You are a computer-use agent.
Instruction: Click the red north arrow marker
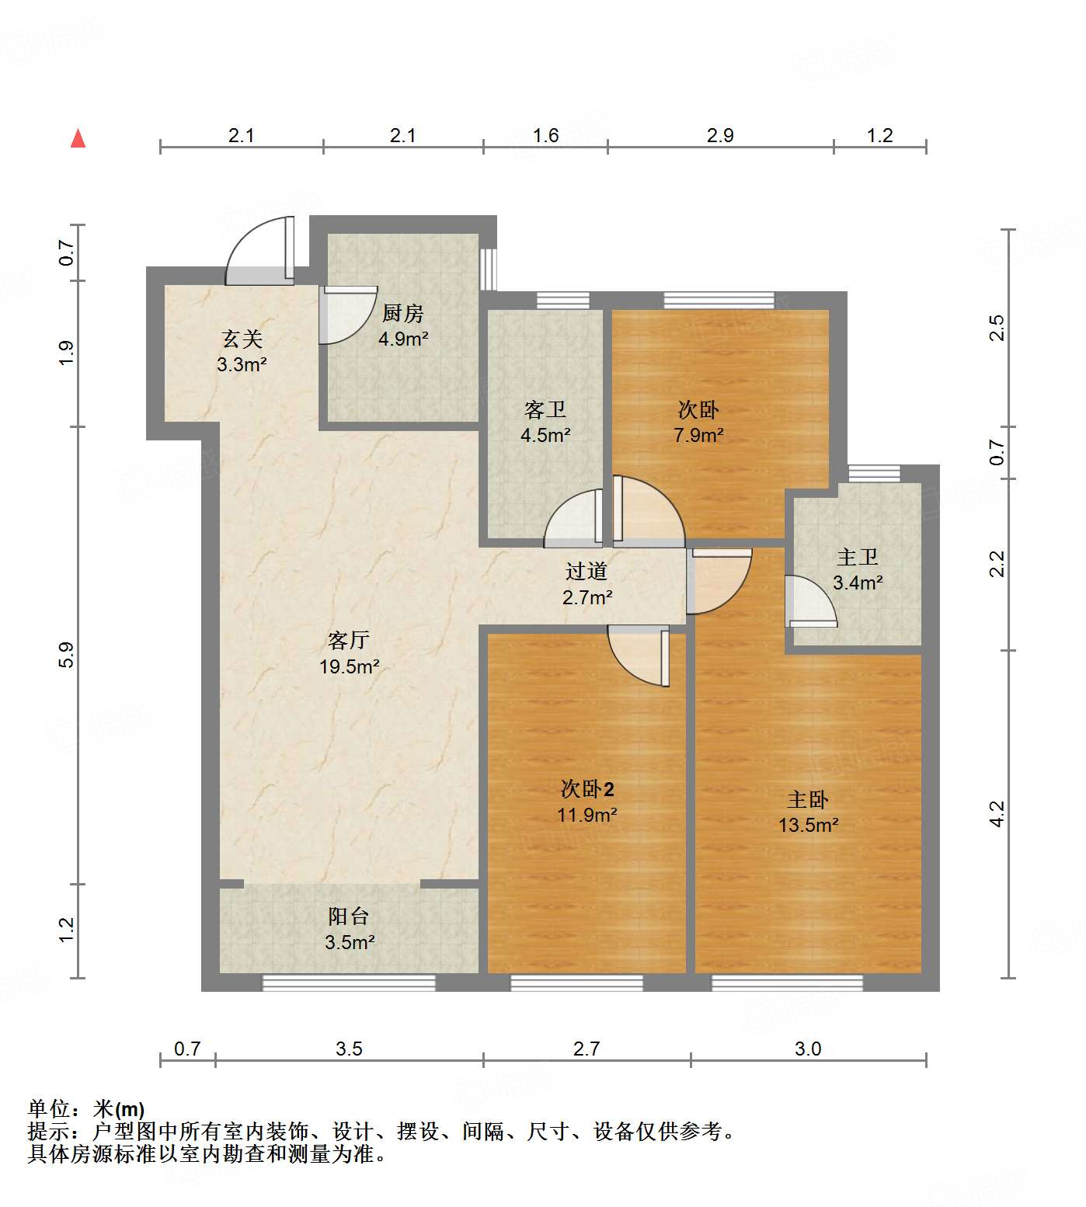click(x=78, y=138)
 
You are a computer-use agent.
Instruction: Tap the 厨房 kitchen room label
click(x=403, y=313)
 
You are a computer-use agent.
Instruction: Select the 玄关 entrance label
click(x=242, y=339)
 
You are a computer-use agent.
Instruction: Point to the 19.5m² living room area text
click(x=349, y=666)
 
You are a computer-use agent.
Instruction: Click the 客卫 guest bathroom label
click(x=545, y=409)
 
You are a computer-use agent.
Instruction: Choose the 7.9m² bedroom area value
click(x=698, y=436)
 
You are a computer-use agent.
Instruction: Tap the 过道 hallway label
click(x=586, y=572)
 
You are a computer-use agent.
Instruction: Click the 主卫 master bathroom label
click(x=857, y=557)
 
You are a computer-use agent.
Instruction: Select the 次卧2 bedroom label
click(x=587, y=789)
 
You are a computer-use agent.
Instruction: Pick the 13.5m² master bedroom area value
click(x=808, y=825)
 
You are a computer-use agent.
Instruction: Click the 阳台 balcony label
click(x=348, y=917)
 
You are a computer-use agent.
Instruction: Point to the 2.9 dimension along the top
click(x=720, y=136)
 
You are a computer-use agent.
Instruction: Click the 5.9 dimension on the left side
click(x=67, y=654)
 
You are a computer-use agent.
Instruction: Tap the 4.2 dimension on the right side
click(x=997, y=813)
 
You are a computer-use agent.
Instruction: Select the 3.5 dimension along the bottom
click(x=349, y=1049)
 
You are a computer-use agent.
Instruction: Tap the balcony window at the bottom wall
click(x=348, y=983)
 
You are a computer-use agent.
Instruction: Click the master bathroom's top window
click(x=874, y=473)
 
